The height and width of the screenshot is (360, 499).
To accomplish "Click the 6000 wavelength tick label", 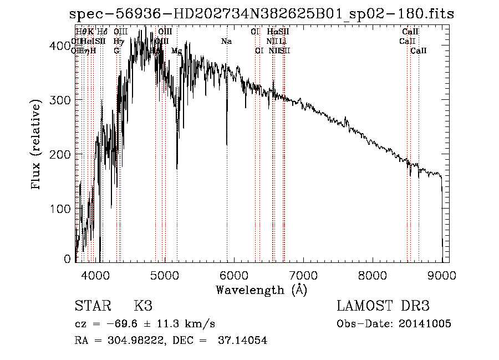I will tap(234, 274).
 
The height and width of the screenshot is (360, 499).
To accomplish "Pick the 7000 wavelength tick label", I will tap(303, 274).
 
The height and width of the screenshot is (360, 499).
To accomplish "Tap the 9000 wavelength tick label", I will tap(442, 274).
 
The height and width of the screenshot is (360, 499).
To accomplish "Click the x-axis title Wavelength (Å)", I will tap(261, 290).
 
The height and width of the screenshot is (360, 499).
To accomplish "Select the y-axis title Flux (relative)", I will tap(37, 145).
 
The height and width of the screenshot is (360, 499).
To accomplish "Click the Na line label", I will tap(226, 42).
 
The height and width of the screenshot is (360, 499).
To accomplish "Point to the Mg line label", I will tap(176, 51).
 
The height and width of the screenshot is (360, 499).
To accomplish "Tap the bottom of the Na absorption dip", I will tap(227, 144).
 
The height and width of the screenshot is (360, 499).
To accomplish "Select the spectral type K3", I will tap(143, 306).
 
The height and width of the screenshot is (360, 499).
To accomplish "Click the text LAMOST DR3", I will tap(383, 306).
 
